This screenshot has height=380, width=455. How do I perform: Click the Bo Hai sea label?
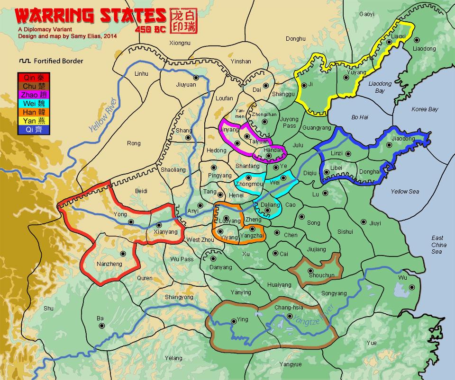click(360, 117)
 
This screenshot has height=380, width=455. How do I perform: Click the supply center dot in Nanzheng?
click(122, 253)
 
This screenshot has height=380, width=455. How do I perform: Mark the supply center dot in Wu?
click(411, 287)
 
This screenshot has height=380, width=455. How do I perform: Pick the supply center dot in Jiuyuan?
click(195, 77)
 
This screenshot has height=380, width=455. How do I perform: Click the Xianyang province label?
click(166, 232)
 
